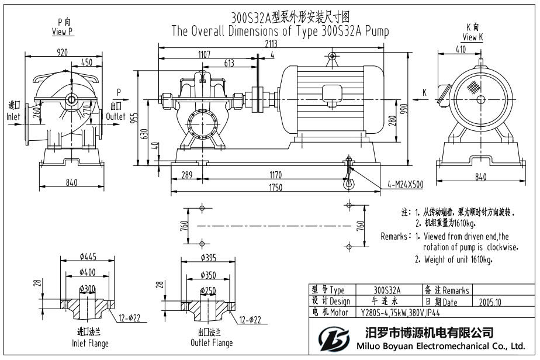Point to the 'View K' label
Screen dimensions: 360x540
473,37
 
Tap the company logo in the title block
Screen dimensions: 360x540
333,338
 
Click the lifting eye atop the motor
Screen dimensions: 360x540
331,56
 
